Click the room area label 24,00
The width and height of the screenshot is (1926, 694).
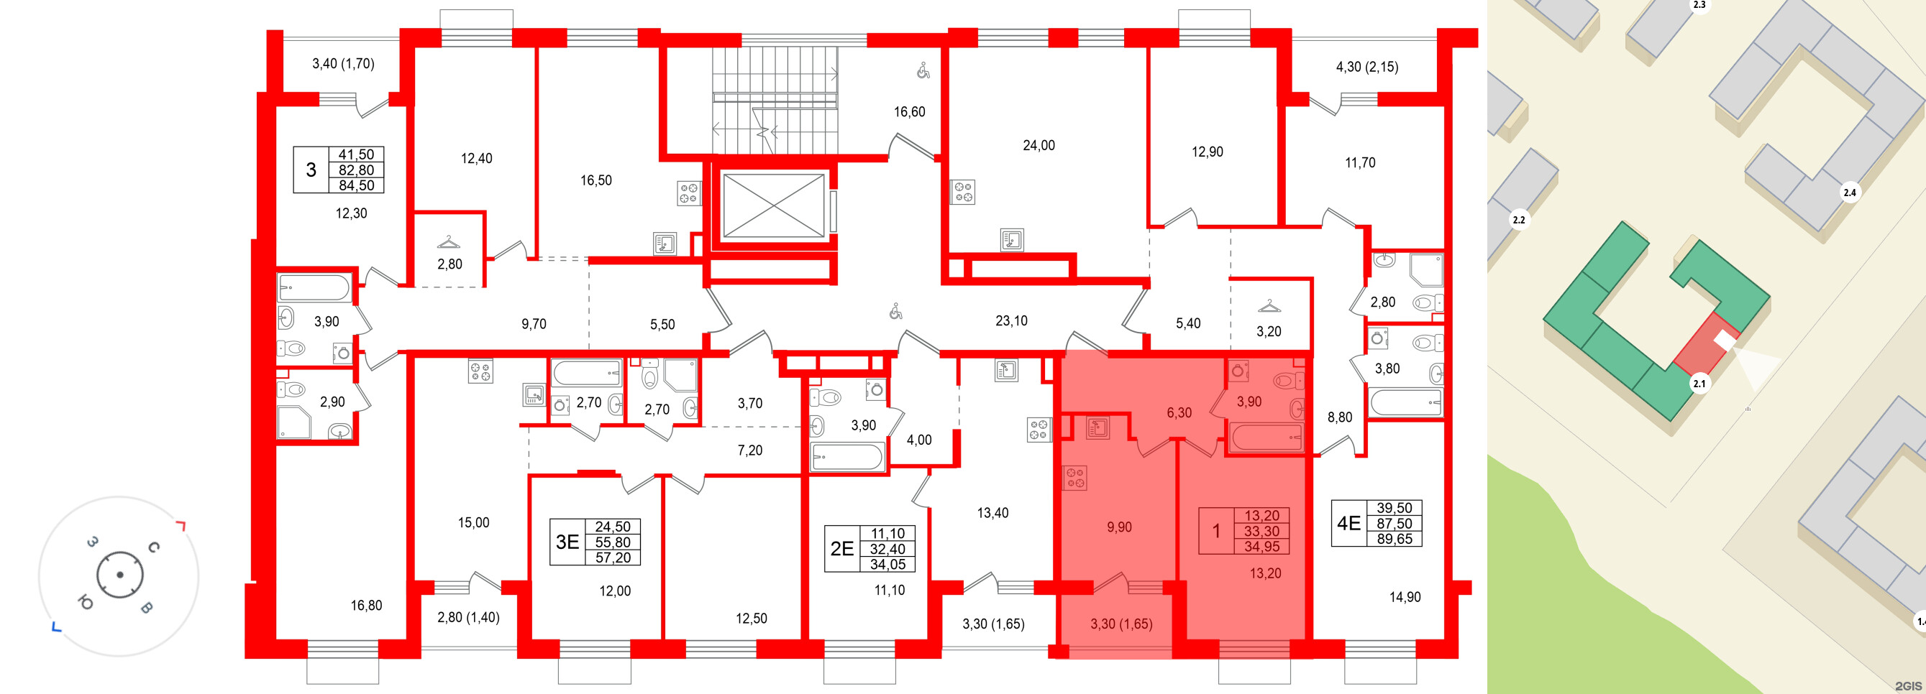coord(1039,146)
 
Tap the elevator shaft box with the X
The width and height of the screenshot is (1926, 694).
coord(773,205)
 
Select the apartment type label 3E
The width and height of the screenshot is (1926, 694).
coord(567,542)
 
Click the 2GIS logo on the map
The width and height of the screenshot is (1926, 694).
coord(1908,686)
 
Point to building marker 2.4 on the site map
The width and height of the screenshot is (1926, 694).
coord(1849,193)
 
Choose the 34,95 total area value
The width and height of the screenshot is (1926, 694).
coord(1261,547)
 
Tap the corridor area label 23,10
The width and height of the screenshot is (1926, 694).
coord(1011,321)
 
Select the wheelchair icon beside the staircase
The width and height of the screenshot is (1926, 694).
coord(923,70)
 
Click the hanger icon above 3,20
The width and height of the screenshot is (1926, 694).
coord(1269,306)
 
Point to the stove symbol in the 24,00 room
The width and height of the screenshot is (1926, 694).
coord(962,192)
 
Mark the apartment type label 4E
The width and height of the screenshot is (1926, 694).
coord(1348,524)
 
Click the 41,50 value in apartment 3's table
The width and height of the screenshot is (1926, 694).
coord(356,154)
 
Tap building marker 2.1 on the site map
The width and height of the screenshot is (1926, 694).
coord(1699,384)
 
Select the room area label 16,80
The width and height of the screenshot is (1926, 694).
coord(366,606)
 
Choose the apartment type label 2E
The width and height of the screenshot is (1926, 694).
coord(842,549)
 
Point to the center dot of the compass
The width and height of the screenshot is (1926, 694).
coord(119,575)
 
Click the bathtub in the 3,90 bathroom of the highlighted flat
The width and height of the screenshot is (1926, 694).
coord(1266,437)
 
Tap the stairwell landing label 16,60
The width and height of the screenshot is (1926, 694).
coord(909,112)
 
